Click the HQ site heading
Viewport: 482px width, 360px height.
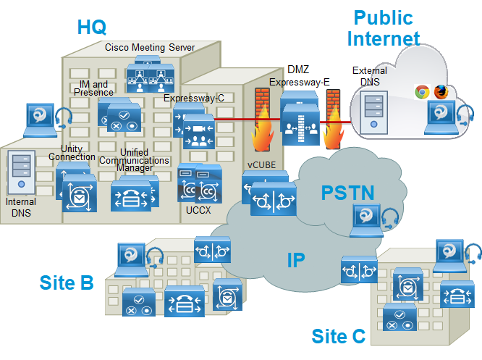point(92,27)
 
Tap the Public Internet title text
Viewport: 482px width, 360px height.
point(383,28)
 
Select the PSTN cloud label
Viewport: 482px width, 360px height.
point(347,193)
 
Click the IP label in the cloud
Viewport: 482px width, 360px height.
point(296,261)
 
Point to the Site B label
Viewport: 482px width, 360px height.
point(67,282)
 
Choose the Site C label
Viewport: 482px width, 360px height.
point(339,336)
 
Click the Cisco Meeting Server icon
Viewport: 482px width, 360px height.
point(151,75)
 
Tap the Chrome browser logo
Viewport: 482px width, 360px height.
point(422,92)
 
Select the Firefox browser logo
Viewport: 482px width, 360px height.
point(441,92)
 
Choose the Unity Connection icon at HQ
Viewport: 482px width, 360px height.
point(77,191)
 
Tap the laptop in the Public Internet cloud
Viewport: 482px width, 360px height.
point(444,118)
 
